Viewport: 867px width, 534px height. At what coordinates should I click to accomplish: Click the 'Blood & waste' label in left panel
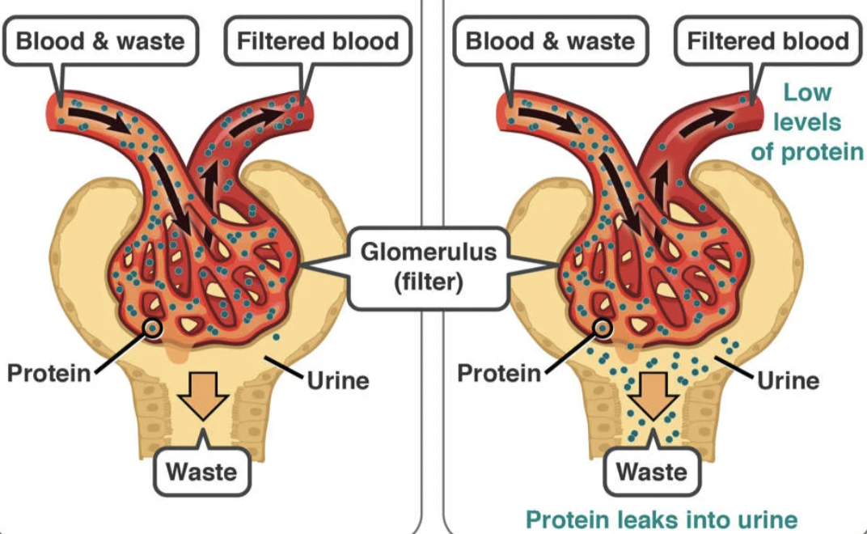100,41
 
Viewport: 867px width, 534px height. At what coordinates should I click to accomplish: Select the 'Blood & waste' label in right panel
550,41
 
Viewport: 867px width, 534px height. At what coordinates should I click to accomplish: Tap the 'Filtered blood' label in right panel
768,41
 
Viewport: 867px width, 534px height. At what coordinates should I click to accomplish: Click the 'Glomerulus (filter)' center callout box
429,267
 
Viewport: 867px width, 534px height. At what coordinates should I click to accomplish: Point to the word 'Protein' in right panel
498,373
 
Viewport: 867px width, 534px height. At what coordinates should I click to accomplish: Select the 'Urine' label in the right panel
789,379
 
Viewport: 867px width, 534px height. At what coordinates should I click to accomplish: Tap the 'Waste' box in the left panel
202,470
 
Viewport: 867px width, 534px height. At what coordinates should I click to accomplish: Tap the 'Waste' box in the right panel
652,470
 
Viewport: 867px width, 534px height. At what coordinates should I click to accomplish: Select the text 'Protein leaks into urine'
662,519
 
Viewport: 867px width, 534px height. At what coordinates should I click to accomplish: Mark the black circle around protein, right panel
603,328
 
